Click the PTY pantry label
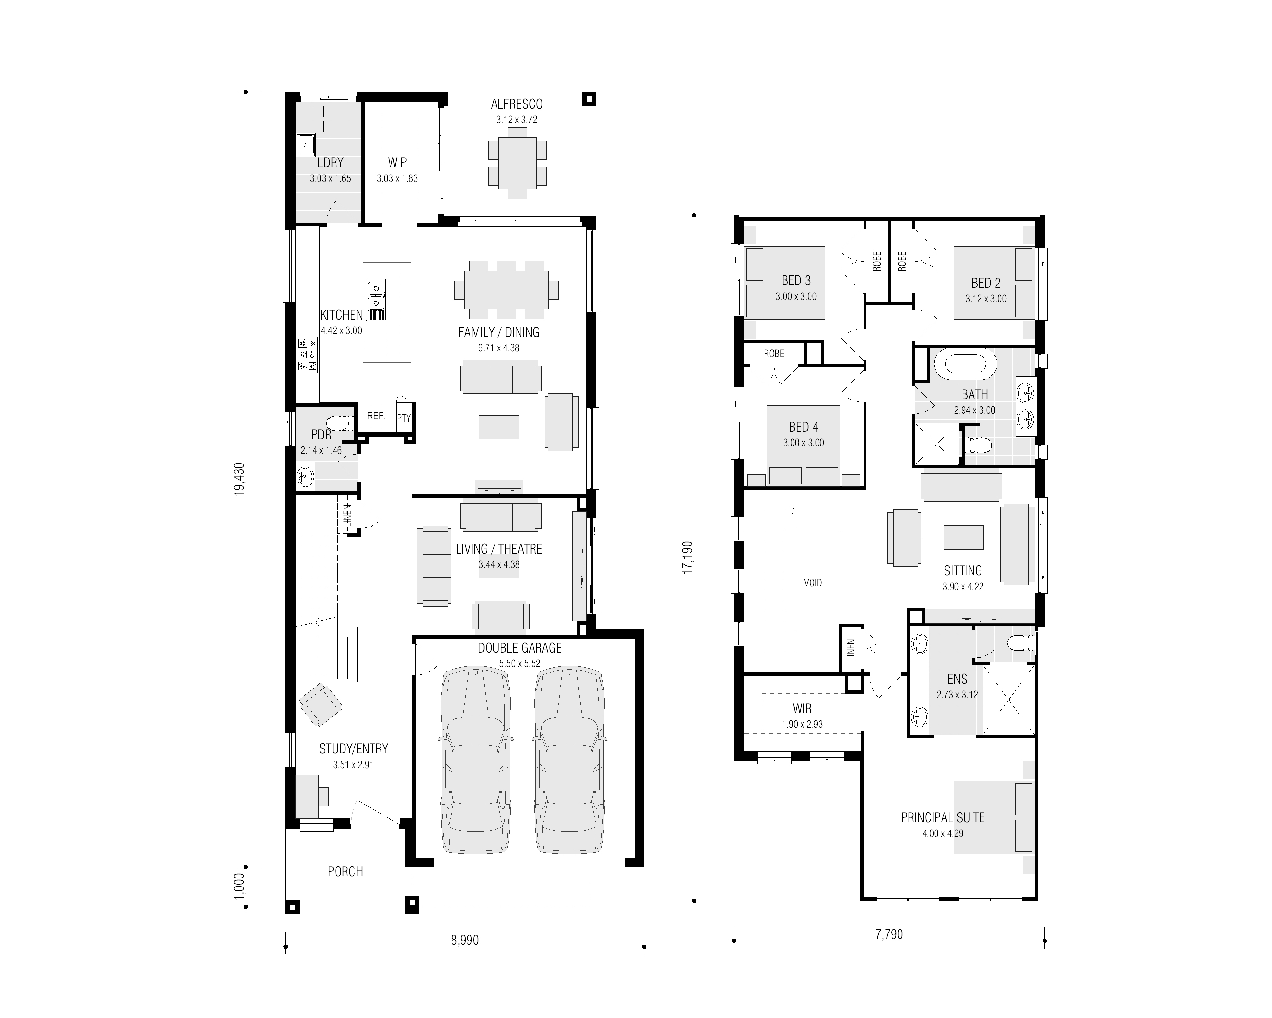404,418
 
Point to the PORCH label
345,872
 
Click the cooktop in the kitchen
307,354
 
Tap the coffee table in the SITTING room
963,537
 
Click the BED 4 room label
803,427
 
